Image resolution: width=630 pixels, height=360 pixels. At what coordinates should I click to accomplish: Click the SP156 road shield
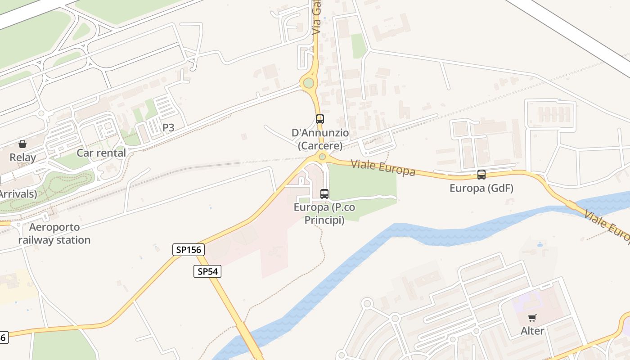(x=189, y=250)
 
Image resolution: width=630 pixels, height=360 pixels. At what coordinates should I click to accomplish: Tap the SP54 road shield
(x=207, y=271)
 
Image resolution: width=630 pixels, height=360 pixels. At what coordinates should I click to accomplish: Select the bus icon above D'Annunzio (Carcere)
(x=320, y=119)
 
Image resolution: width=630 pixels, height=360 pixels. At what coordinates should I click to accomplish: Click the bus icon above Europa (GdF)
(x=481, y=175)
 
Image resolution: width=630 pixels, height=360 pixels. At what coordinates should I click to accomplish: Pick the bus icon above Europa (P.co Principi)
(x=324, y=194)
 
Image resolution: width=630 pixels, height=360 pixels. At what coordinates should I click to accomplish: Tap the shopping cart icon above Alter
(x=532, y=318)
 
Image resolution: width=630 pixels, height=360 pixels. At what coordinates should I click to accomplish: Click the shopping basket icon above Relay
(x=22, y=144)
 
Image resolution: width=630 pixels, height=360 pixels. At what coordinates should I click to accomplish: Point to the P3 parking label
(x=168, y=128)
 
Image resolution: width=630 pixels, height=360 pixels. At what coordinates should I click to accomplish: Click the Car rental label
(x=101, y=153)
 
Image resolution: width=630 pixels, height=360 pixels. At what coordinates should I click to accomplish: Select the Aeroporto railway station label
(x=54, y=234)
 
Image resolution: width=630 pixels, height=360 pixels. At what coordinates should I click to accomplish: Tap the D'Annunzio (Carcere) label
(x=320, y=139)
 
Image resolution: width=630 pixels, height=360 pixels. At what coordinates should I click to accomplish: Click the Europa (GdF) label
(x=481, y=188)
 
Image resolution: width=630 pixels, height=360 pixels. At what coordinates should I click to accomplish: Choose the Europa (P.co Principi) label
(x=324, y=214)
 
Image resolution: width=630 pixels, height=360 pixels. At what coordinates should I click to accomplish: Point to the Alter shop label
(x=532, y=331)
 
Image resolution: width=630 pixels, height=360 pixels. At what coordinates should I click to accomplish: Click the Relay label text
(x=22, y=157)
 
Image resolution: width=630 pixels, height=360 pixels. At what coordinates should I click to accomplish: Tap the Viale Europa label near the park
(x=383, y=167)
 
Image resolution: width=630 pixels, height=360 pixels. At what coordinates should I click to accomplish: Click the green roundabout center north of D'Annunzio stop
(x=308, y=83)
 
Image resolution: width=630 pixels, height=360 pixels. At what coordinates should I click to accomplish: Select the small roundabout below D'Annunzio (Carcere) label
(x=322, y=157)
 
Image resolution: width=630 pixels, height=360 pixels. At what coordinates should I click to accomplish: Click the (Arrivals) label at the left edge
(x=18, y=194)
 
